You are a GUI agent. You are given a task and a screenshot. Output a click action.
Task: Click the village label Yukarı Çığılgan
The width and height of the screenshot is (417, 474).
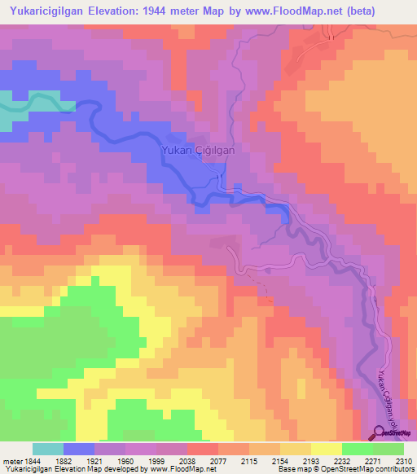click(x=199, y=151)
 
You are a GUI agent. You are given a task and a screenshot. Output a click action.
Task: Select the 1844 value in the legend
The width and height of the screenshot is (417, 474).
click(x=29, y=460)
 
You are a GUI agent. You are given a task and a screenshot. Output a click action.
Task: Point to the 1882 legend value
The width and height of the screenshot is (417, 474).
click(x=61, y=460)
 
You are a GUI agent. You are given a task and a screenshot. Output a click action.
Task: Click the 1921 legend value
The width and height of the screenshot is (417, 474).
click(x=94, y=460)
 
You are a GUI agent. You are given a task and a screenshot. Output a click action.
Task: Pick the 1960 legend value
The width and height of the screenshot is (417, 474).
click(x=125, y=460)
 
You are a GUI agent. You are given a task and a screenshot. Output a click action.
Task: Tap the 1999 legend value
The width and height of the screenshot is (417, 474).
click(x=157, y=460)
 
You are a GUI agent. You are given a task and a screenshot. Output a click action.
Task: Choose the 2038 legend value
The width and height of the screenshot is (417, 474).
click(x=188, y=460)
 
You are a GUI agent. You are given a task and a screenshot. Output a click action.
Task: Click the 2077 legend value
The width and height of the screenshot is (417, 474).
click(x=219, y=460)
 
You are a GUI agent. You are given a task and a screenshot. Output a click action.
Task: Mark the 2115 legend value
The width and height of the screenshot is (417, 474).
click(x=250, y=460)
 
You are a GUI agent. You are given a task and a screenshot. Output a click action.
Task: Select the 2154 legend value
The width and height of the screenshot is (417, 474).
click(x=281, y=460)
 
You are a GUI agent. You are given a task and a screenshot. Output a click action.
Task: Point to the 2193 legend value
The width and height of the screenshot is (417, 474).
click(x=312, y=460)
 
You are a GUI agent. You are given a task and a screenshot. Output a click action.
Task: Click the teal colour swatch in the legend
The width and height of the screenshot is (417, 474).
click(x=48, y=449)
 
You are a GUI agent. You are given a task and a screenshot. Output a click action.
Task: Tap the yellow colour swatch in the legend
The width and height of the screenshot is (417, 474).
click(x=327, y=449)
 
